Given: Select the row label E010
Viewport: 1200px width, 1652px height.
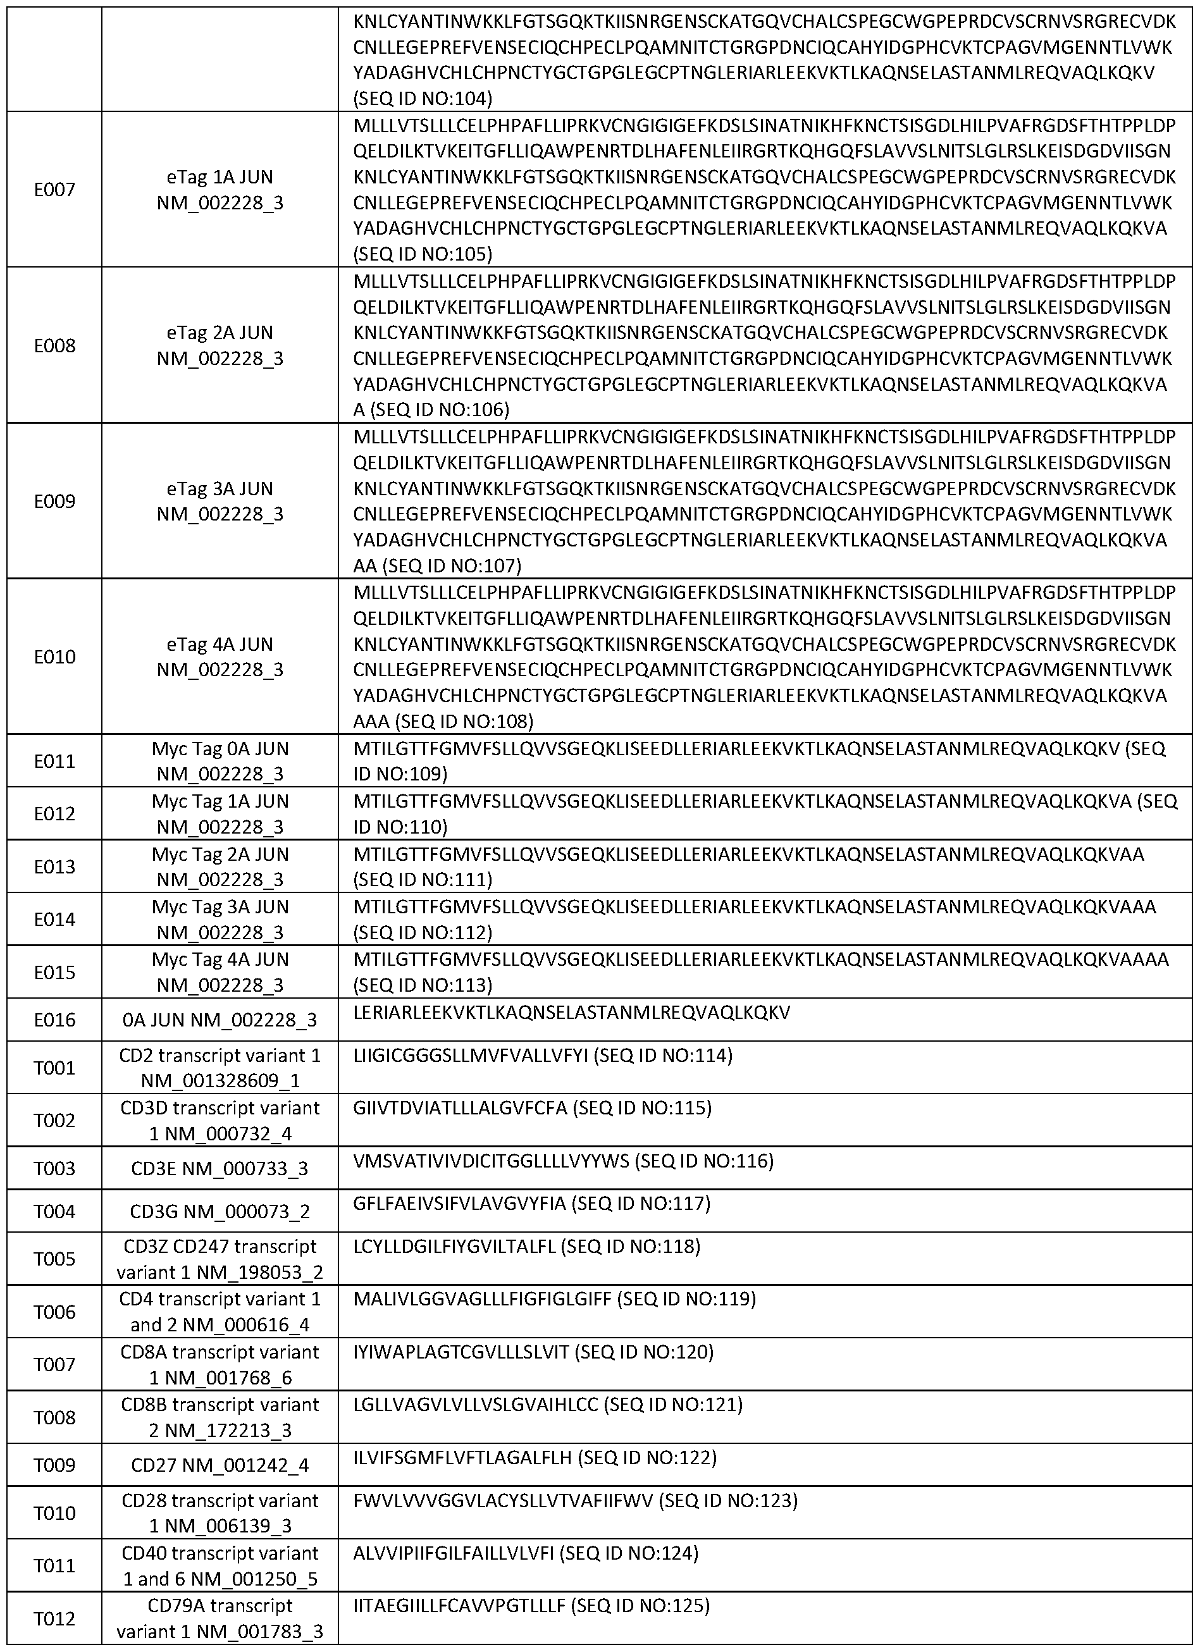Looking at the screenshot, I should click(x=54, y=657).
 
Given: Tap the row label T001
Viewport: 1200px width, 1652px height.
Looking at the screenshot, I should click(x=54, y=1068).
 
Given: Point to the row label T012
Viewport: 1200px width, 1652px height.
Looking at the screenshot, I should click(x=54, y=1618).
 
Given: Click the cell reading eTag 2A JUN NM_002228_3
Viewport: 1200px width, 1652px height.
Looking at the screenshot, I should click(x=220, y=346).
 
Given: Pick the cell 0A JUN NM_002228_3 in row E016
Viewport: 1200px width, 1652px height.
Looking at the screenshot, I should click(x=220, y=1020).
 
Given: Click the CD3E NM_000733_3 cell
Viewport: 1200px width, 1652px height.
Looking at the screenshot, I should click(x=220, y=1169).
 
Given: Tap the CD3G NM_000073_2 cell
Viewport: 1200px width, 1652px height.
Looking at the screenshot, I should click(x=220, y=1211).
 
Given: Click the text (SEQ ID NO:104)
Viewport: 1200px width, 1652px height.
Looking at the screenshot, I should click(x=423, y=98).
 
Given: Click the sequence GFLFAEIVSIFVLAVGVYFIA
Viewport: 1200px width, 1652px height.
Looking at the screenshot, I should click(x=460, y=1204).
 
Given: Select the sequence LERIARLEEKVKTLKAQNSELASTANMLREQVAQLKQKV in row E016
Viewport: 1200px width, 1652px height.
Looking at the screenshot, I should click(x=572, y=1013).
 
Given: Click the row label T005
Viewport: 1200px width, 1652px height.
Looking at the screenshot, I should click(x=54, y=1259).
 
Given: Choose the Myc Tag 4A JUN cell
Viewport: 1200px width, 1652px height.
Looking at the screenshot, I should click(x=220, y=972).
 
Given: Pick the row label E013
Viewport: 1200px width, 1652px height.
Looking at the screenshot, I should click(x=54, y=866).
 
